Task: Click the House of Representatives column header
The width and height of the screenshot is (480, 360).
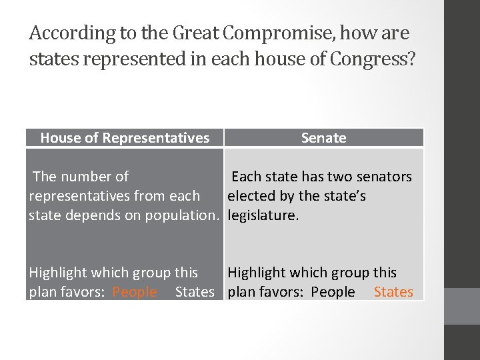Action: click(x=125, y=138)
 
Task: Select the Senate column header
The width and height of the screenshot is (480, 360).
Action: click(x=323, y=138)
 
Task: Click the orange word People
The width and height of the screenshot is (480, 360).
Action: click(x=135, y=292)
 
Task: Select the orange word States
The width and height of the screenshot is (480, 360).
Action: click(x=393, y=292)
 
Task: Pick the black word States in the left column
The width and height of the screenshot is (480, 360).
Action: click(x=195, y=292)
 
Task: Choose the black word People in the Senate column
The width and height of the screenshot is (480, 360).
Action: click(x=333, y=292)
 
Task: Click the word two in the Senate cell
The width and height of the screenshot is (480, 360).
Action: click(x=339, y=177)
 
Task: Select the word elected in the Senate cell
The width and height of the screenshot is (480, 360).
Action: click(x=251, y=196)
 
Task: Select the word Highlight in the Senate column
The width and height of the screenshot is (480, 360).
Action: click(x=256, y=273)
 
